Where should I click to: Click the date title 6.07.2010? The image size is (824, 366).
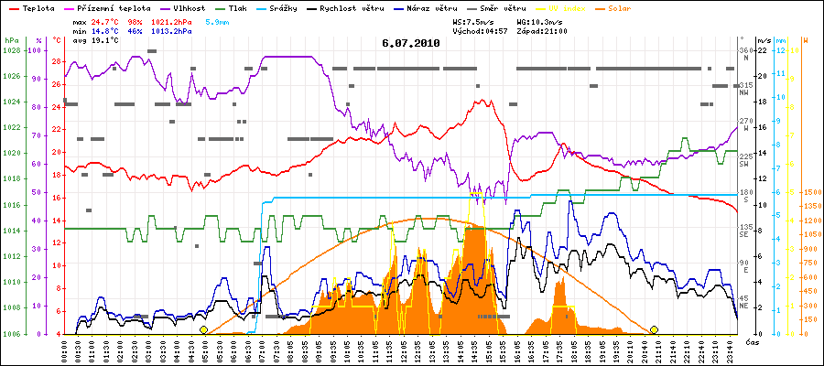[x=411, y=42]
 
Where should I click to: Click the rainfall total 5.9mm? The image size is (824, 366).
[x=217, y=20]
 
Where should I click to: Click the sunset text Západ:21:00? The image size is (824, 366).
[x=542, y=30]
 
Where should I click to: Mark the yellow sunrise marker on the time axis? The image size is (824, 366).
[x=203, y=329]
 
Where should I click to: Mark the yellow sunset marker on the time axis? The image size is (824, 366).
[x=654, y=329]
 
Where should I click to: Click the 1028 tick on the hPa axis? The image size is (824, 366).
[x=12, y=50]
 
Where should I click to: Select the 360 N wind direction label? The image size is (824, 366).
[x=745, y=54]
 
